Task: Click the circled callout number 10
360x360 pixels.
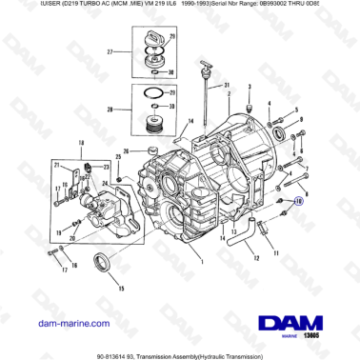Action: coord(298,201)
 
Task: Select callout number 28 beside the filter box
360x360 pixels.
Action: coord(110,110)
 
